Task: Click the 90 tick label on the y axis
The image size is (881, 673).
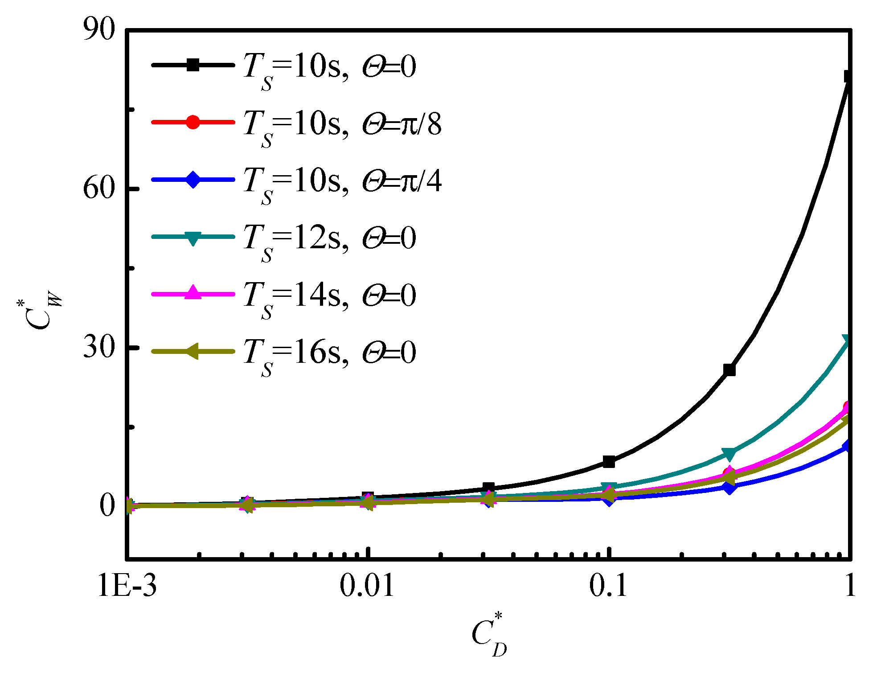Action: coord(99,30)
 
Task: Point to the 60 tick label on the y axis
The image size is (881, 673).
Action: coord(99,189)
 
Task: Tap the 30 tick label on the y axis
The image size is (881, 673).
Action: coord(99,347)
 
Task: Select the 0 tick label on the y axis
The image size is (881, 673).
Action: coord(107,505)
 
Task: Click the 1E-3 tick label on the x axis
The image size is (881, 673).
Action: coord(127,585)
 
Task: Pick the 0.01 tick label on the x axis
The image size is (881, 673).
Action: coord(367,585)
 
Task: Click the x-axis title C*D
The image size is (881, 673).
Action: coord(489,635)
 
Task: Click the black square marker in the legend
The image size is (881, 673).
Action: coord(193,65)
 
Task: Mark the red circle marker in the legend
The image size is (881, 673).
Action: coord(193,122)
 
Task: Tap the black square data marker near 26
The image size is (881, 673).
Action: coord(729,370)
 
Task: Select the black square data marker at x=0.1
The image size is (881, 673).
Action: coord(609,462)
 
